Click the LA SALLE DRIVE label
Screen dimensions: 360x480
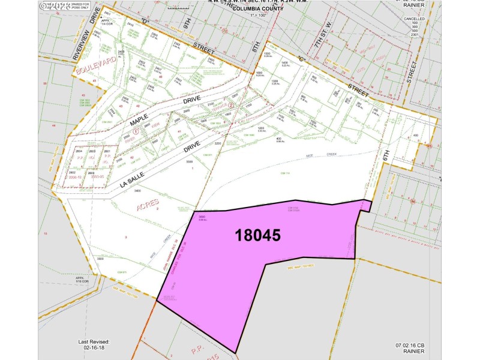[159, 163]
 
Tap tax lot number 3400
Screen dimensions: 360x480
[138, 190]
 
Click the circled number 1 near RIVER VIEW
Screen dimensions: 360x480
[136, 130]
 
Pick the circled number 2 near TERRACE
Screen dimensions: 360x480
[230, 106]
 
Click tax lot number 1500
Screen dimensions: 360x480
[267, 53]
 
